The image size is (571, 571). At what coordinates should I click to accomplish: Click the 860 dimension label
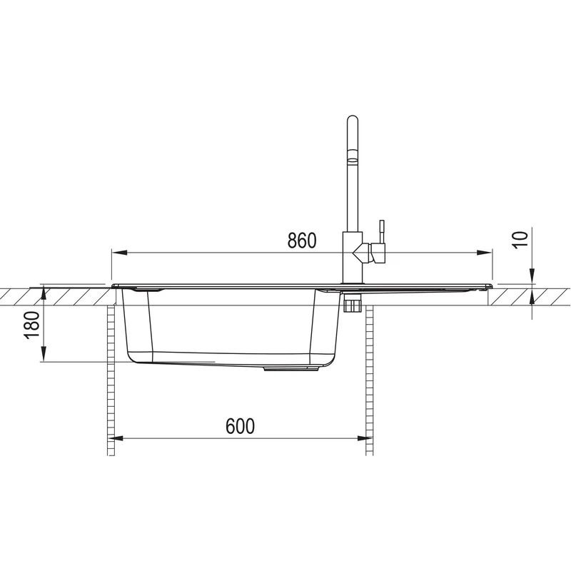302,241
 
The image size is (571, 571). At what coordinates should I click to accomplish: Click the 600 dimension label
241,426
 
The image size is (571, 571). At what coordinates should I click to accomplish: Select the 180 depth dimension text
31,325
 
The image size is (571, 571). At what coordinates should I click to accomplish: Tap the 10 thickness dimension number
521,240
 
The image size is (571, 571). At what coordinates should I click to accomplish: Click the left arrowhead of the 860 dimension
119,253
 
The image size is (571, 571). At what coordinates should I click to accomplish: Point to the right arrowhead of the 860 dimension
485,253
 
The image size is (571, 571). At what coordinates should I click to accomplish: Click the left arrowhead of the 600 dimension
116,438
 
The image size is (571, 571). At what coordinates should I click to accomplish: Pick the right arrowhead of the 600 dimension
365,438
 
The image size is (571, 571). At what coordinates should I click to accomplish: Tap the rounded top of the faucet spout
353,119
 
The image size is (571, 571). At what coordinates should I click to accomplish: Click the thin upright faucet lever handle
382,231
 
